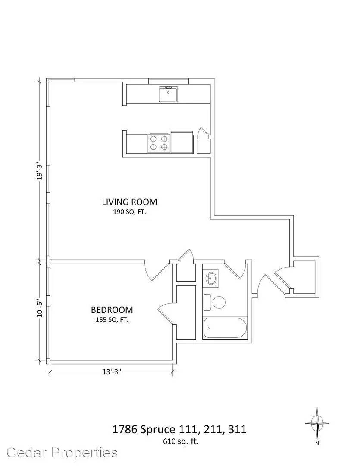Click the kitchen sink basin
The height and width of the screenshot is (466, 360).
pyautogui.click(x=169, y=94)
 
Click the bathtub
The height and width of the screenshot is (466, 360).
pyautogui.click(x=225, y=328)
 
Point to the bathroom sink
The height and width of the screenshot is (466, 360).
pyautogui.click(x=210, y=278)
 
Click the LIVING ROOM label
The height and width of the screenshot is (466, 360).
pyautogui.click(x=129, y=202)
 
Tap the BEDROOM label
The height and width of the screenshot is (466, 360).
pyautogui.click(x=112, y=310)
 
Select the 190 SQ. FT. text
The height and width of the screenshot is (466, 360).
pyautogui.click(x=129, y=212)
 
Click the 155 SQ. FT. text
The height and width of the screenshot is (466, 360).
pyautogui.click(x=112, y=320)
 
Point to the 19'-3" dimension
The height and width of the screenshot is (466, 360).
pyautogui.click(x=39, y=170)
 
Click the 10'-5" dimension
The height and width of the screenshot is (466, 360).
pyautogui.click(x=39, y=308)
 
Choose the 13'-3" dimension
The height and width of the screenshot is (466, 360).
pyautogui.click(x=112, y=372)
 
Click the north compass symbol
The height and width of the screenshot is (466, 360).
pyautogui.click(x=317, y=423)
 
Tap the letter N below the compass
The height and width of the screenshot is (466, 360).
pyautogui.click(x=317, y=444)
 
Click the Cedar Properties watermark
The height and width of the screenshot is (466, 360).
pyautogui.click(x=62, y=453)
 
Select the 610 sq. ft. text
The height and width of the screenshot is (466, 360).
pyautogui.click(x=181, y=441)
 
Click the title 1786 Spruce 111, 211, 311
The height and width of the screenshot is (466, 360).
pyautogui.click(x=179, y=429)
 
